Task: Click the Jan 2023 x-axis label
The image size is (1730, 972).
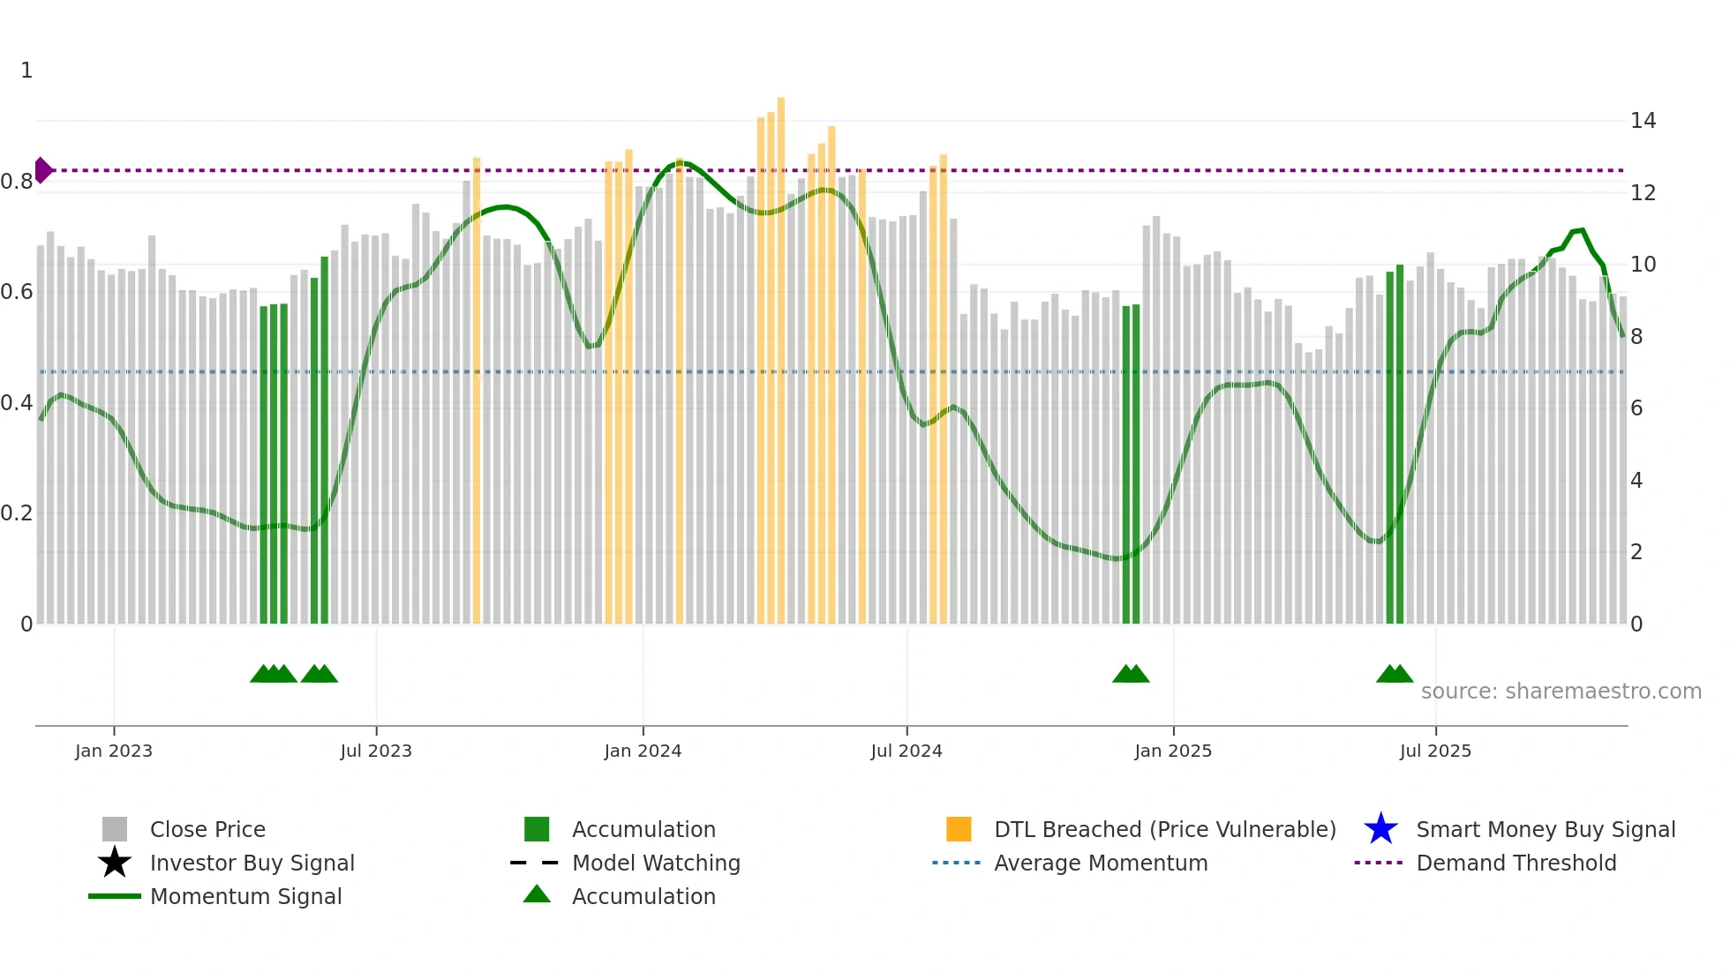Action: point(114,751)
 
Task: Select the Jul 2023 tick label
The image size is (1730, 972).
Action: point(376,751)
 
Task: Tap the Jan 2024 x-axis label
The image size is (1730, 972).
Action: point(643,751)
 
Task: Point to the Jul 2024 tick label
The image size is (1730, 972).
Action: point(906,751)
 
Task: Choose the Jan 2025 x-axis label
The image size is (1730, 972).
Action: point(1173,751)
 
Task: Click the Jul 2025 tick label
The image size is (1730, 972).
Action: point(1435,751)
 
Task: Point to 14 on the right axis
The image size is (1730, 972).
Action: point(1643,121)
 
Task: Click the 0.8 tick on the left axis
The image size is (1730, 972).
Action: point(17,182)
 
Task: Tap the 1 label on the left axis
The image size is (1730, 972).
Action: point(26,71)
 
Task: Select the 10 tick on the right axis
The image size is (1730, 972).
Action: point(1643,265)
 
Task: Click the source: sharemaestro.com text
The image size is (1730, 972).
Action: point(1561,692)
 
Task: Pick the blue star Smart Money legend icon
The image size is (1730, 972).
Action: point(1380,829)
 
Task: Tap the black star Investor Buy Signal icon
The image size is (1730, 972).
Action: point(115,863)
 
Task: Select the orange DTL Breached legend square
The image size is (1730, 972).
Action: point(959,829)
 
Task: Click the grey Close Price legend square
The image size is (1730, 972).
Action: point(115,829)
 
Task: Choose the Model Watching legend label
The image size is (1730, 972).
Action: point(656,863)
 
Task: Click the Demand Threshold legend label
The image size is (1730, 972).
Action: point(1516,863)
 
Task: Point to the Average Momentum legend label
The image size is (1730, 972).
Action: point(1101,863)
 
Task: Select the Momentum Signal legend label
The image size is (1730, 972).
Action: point(245,896)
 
